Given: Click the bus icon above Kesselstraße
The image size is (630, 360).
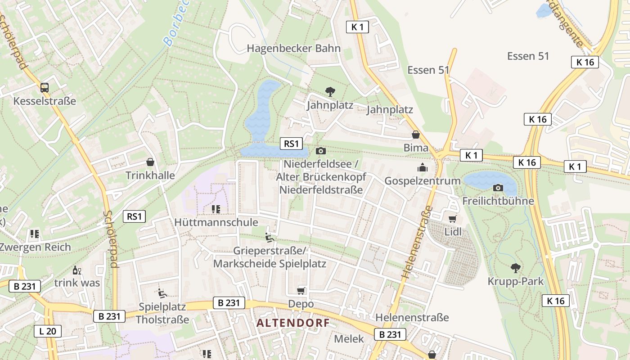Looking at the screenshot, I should tap(45, 87).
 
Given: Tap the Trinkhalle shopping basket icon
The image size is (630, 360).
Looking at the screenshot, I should tap(150, 162).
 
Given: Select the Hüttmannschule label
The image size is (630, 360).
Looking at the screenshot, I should tap(216, 222).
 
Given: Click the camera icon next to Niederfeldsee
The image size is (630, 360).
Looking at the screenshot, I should tap(321, 151).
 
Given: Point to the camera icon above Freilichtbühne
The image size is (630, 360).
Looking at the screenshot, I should tap(498, 188).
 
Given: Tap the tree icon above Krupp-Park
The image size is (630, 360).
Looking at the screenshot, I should tap(515, 268).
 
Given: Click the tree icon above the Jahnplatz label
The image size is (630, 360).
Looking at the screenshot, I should tap(330, 92).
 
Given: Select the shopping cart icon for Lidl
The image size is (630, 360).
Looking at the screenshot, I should tap(452, 219).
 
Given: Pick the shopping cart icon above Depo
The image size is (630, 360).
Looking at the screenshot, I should tap(301, 291).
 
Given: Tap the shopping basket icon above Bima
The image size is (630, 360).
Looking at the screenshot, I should tap(415, 135).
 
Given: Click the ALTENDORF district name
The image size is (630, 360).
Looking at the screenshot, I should tap(293, 323).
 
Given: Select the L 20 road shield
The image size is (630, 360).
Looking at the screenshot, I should tap(47, 331).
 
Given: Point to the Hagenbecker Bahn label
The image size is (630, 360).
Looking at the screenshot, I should tap(293, 48).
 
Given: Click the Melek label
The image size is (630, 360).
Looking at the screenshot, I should tap(349, 339).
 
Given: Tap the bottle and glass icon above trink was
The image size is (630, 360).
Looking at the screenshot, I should tap(76, 270).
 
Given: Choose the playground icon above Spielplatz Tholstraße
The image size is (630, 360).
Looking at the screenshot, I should tap(162, 293).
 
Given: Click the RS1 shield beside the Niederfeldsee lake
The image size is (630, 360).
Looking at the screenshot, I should tap(291, 144).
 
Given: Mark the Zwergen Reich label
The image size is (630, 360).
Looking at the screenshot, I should tap(35, 247).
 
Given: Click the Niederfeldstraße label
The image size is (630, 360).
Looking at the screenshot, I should tap(321, 189).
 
